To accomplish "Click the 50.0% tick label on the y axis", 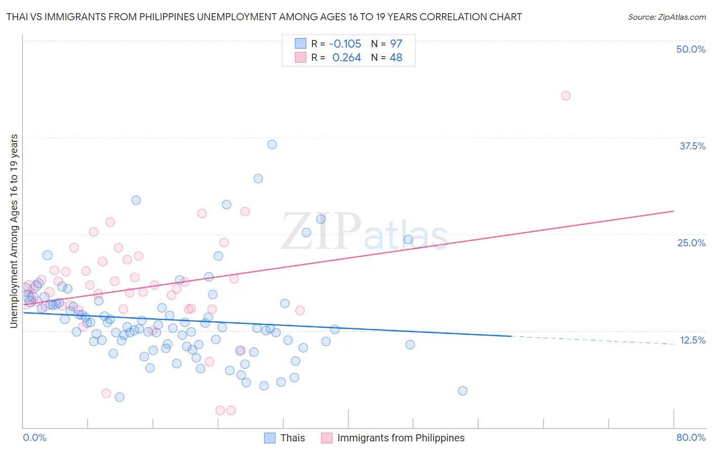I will pos(691,49).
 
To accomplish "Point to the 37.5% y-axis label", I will pos(692,146).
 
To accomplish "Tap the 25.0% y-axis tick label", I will pos(691,243).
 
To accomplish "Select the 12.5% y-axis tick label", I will pos(692,340).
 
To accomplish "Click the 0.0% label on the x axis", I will pos(34,437).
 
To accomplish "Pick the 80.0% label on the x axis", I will pos(691,437).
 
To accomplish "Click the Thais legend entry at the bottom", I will pos(292,438).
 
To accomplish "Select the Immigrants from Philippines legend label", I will pos(401,438).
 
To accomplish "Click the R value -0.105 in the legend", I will pos(345,44).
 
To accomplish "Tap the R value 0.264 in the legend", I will pos(346,58).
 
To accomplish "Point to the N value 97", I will pos(396,44).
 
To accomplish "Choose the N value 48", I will pos(395,58).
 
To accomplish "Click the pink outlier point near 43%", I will pos(566,96).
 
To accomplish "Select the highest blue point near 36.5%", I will pos(272,144).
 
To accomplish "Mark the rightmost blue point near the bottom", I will pos(462,391).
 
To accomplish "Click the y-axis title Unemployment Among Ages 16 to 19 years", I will pos(14,231).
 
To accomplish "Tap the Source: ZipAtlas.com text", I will pos(666,17).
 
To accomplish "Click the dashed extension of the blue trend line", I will pos(592,340).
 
